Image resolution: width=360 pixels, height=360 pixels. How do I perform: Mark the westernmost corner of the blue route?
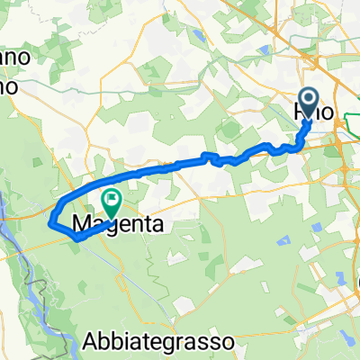click(52, 219)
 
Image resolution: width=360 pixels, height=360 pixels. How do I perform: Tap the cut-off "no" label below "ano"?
click(8, 84)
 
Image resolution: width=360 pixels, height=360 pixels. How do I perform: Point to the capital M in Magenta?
click(80, 222)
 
